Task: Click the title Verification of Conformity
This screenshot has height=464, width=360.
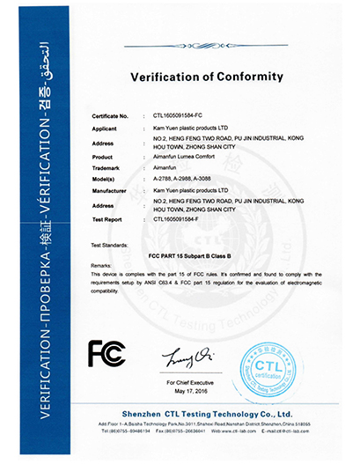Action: pos(207,77)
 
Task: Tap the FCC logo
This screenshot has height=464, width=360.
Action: pos(107,354)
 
